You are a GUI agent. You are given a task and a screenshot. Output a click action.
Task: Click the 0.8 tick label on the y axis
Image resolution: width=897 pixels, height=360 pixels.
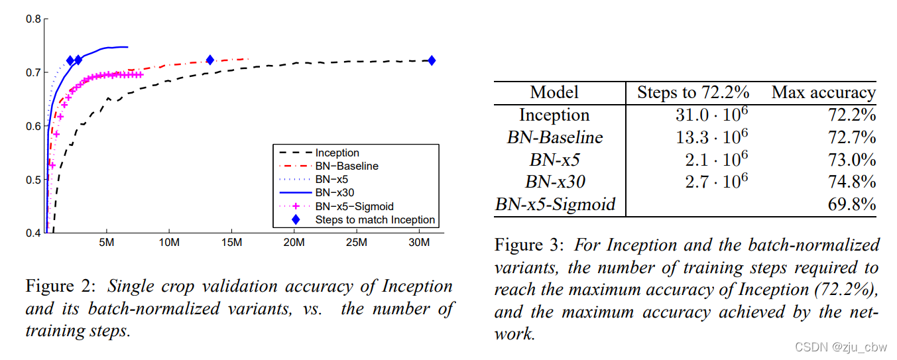click(34, 19)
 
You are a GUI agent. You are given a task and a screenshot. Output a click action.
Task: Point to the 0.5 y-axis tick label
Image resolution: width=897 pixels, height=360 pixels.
click(34, 180)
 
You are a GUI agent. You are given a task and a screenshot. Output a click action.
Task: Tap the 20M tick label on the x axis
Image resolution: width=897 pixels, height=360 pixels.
click(294, 243)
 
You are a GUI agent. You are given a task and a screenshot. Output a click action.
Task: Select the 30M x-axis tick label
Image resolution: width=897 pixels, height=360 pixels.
click(419, 243)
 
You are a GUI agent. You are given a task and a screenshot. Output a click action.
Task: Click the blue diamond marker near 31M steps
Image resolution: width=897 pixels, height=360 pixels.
click(432, 61)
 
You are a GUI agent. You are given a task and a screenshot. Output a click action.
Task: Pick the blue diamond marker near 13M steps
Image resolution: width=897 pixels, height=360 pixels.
click(210, 60)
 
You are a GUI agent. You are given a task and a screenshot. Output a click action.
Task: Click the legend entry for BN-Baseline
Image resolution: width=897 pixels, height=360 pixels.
click(345, 166)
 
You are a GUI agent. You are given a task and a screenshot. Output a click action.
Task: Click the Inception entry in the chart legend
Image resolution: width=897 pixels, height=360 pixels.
click(337, 153)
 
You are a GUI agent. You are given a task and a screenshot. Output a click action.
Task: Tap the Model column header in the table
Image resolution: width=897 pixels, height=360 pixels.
click(554, 92)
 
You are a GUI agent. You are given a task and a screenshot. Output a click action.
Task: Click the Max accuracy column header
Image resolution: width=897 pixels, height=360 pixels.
click(823, 92)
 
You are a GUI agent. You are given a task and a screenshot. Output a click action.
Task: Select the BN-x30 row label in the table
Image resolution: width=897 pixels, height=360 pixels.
click(554, 182)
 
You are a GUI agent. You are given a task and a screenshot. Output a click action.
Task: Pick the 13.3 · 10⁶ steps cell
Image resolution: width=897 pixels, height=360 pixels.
click(709, 137)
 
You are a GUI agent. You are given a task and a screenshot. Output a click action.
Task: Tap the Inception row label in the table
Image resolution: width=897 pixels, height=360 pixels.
click(554, 115)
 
